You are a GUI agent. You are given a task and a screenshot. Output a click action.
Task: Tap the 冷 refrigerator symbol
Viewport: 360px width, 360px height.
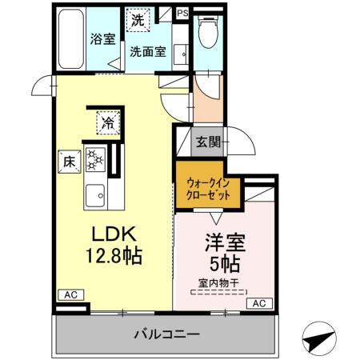pos(106,122)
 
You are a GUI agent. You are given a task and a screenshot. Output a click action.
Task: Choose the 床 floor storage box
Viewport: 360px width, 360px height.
pos(68,160)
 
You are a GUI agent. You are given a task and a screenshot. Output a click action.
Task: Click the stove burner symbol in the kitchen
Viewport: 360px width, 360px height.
pos(94,160)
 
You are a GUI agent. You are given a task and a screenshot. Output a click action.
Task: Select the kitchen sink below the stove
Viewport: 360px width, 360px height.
pos(96,194)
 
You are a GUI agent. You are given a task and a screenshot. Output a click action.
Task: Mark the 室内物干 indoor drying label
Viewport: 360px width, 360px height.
pos(219,282)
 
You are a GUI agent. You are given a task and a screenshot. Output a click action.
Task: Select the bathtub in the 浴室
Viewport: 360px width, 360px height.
pos(73,38)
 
